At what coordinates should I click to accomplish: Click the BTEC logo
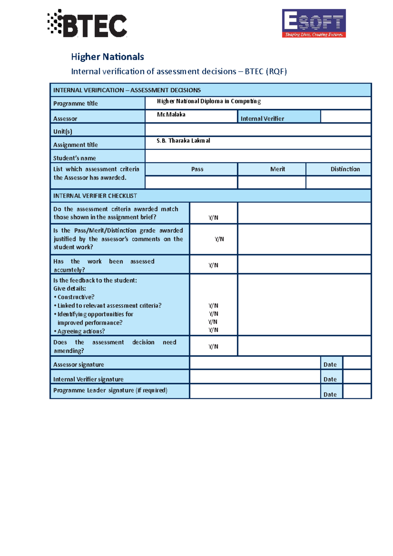(87, 24)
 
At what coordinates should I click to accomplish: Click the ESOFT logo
(314, 23)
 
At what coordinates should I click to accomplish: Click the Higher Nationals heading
(107, 57)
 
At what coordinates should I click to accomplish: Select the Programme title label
(76, 103)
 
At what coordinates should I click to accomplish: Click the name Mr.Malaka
(171, 114)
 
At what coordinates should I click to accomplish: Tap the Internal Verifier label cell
(262, 119)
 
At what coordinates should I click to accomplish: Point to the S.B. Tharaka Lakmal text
(183, 140)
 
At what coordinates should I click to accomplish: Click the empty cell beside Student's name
(258, 156)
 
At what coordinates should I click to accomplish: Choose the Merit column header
(277, 169)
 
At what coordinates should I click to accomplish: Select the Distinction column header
(345, 169)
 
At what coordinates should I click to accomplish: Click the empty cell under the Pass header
(191, 182)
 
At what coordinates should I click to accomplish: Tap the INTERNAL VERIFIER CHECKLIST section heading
(95, 196)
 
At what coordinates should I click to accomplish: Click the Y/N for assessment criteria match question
(214, 217)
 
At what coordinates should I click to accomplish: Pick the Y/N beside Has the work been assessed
(214, 265)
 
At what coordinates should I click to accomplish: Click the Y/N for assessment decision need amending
(214, 346)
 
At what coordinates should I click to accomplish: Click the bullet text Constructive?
(76, 297)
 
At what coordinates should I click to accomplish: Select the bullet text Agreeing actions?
(81, 331)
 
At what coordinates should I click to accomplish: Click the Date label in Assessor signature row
(330, 364)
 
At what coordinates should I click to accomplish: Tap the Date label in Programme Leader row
(330, 394)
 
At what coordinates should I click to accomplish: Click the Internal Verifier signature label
(88, 379)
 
